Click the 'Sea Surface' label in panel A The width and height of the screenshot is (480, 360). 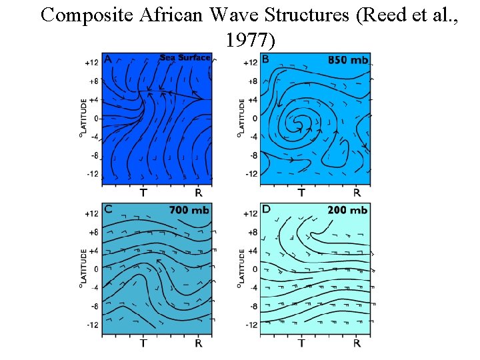coord(185,57)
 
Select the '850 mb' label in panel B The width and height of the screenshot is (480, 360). coord(348,60)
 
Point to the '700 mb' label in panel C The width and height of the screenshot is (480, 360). coord(189,210)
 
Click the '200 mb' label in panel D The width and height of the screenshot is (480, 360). coord(347,210)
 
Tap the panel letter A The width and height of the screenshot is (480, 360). coord(108,58)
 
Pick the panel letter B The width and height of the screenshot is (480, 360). coord(266,59)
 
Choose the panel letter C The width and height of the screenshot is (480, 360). coord(108,209)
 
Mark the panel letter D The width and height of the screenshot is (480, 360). coord(267,209)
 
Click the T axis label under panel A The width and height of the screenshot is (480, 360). coord(144,193)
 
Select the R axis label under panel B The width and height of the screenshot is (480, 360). coord(357,193)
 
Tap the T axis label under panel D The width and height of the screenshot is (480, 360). coord(301,343)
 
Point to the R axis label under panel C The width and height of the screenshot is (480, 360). coord(199,343)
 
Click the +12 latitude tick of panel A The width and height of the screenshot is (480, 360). coord(91,63)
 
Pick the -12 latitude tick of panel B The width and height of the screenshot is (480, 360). coord(251,174)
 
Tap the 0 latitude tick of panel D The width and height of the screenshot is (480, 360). coord(254,269)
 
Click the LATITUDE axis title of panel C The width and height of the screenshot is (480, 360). coord(83,270)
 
